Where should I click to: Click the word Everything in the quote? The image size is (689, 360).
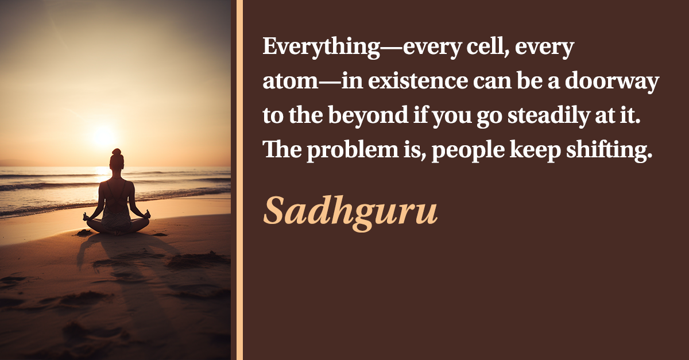coord(322,47)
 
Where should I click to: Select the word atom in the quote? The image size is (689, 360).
coord(291,81)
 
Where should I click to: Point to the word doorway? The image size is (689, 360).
coord(612,82)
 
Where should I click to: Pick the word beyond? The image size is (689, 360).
coord(368,115)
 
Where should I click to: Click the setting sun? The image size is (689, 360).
coord(104,136)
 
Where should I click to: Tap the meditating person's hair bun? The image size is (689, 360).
coord(117,152)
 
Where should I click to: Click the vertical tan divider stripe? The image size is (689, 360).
coord(239,180)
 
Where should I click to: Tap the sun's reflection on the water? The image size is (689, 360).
coord(102,174)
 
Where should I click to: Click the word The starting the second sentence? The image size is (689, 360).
coord(282,149)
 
